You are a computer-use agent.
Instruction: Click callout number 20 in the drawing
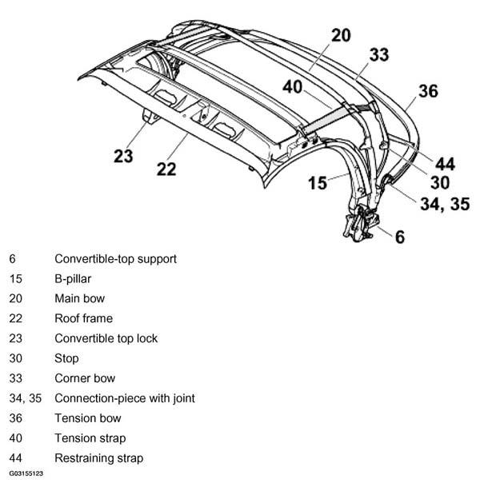pyautogui.click(x=341, y=35)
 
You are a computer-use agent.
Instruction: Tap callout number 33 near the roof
pyautogui.click(x=379, y=54)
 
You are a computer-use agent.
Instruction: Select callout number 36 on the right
pyautogui.click(x=428, y=91)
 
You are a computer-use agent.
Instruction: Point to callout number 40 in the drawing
pyautogui.click(x=293, y=87)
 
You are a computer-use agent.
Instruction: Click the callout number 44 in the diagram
pyautogui.click(x=445, y=164)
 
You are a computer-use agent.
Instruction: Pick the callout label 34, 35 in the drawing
pyautogui.click(x=445, y=204)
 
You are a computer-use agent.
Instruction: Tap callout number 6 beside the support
pyautogui.click(x=400, y=237)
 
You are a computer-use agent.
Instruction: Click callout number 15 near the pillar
pyautogui.click(x=318, y=183)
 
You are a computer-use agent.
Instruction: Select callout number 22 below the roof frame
pyautogui.click(x=166, y=170)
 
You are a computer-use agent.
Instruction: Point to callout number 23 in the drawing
pyautogui.click(x=123, y=156)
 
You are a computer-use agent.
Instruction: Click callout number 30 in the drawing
pyautogui.click(x=440, y=183)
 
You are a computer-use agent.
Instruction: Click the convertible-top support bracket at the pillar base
pyautogui.click(x=361, y=223)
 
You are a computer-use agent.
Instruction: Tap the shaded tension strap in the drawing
pyautogui.click(x=329, y=119)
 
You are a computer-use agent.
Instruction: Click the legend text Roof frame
pyautogui.click(x=84, y=318)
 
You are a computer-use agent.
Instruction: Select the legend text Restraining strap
pyautogui.click(x=99, y=458)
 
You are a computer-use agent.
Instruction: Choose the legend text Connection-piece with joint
pyautogui.click(x=125, y=398)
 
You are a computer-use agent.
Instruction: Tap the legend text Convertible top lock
pyautogui.click(x=106, y=338)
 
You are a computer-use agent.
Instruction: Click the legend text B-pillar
pyautogui.click(x=73, y=279)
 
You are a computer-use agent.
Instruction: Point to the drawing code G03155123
pyautogui.click(x=26, y=473)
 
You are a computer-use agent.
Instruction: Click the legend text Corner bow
pyautogui.click(x=85, y=378)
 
